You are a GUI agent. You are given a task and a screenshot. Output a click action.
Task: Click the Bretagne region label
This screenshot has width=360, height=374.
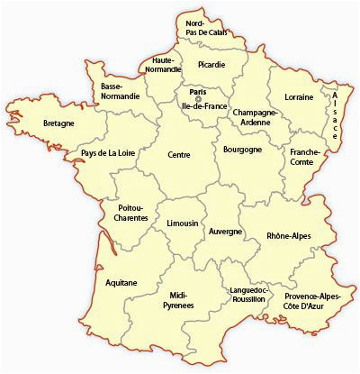(58, 123)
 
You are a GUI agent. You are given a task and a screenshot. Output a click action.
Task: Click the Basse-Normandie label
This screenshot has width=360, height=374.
(120, 91)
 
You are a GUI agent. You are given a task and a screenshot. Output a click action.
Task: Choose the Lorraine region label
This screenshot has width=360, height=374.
(298, 95)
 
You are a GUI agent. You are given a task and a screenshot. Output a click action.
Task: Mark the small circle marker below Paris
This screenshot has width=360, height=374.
(198, 97)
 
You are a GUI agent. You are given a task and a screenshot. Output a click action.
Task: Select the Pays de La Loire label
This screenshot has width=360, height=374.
(107, 153)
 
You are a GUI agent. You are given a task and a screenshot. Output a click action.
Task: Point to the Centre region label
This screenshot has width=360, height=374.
(178, 155)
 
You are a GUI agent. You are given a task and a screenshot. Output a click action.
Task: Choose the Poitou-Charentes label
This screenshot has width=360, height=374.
(131, 213)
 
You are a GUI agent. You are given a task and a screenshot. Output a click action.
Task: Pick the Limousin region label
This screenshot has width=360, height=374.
(182, 223)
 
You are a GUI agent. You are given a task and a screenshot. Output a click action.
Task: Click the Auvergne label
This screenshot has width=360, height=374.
(225, 232)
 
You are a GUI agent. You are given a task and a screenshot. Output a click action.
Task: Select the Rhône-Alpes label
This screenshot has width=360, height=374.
(287, 237)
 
